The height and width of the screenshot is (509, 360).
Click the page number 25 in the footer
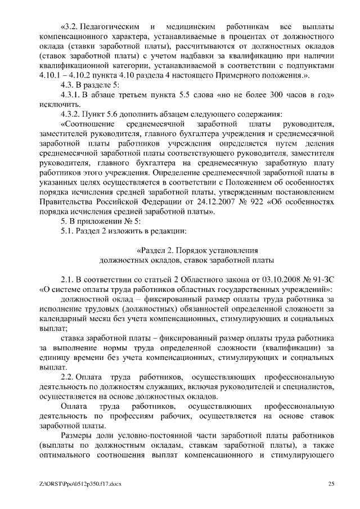[332, 484]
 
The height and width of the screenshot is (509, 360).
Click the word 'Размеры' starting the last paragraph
[77, 435]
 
